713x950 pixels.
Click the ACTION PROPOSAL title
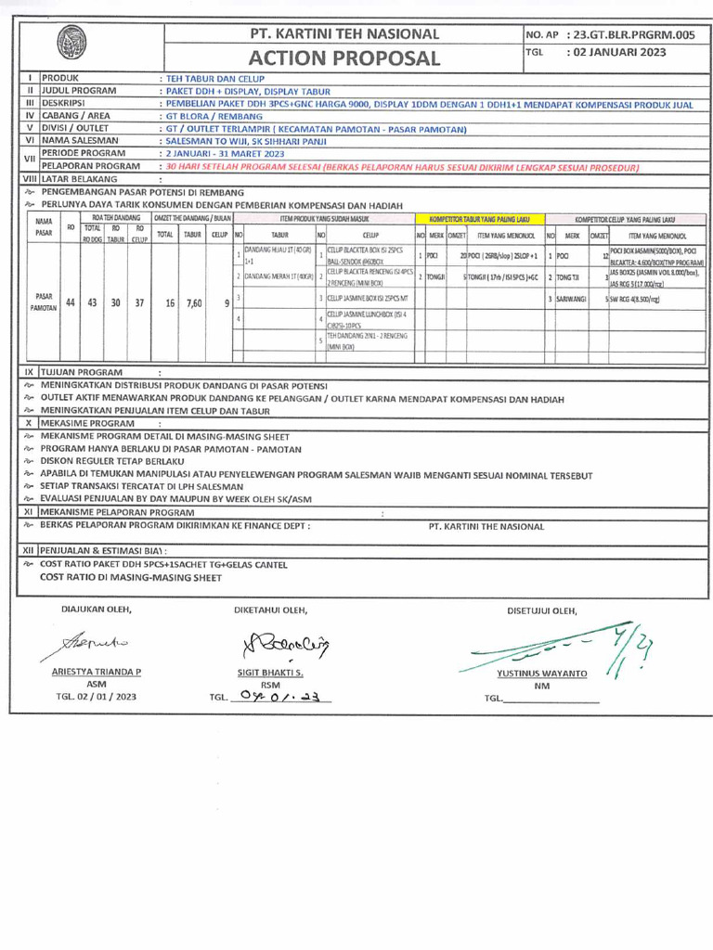(344, 58)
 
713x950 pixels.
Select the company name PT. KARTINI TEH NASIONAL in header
(344, 33)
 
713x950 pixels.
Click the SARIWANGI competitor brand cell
(573, 299)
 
